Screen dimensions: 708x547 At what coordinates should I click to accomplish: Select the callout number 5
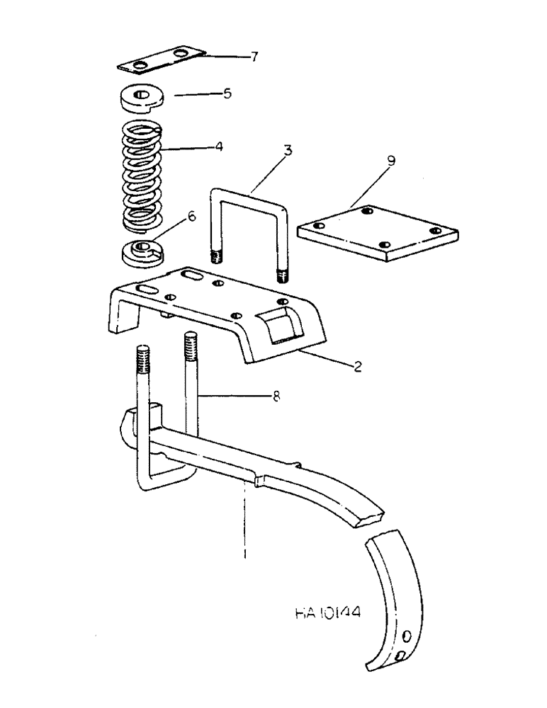227,93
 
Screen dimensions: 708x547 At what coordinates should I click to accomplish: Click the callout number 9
392,161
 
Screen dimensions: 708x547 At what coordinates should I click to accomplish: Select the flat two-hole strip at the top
161,59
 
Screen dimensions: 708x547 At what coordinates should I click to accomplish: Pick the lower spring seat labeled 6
142,253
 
